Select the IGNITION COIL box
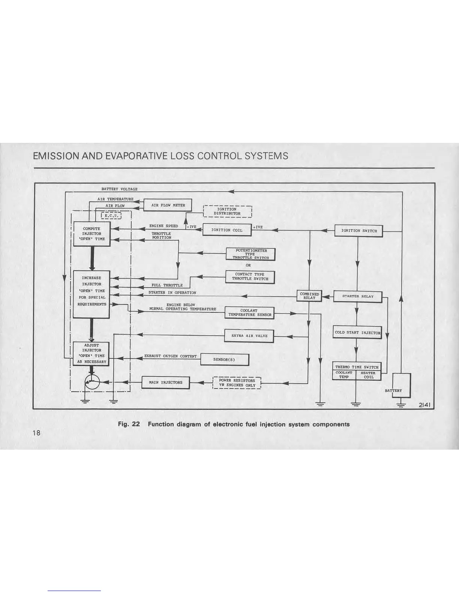tap(227, 230)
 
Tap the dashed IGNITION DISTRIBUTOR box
tap(227, 211)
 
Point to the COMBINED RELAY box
tap(309, 296)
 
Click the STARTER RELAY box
tap(358, 296)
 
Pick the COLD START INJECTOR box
tap(357, 332)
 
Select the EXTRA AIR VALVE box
tap(249, 336)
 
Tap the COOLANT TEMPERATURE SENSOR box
tap(249, 313)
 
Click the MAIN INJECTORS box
tap(165, 382)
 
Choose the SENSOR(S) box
tap(225, 360)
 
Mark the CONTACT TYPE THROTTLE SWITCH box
tap(250, 277)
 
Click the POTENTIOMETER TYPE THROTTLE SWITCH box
tap(250, 254)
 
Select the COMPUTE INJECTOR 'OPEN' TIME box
tap(91, 234)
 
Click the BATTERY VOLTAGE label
tap(119, 189)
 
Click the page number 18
tap(36, 433)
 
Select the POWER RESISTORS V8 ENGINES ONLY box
tap(237, 383)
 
